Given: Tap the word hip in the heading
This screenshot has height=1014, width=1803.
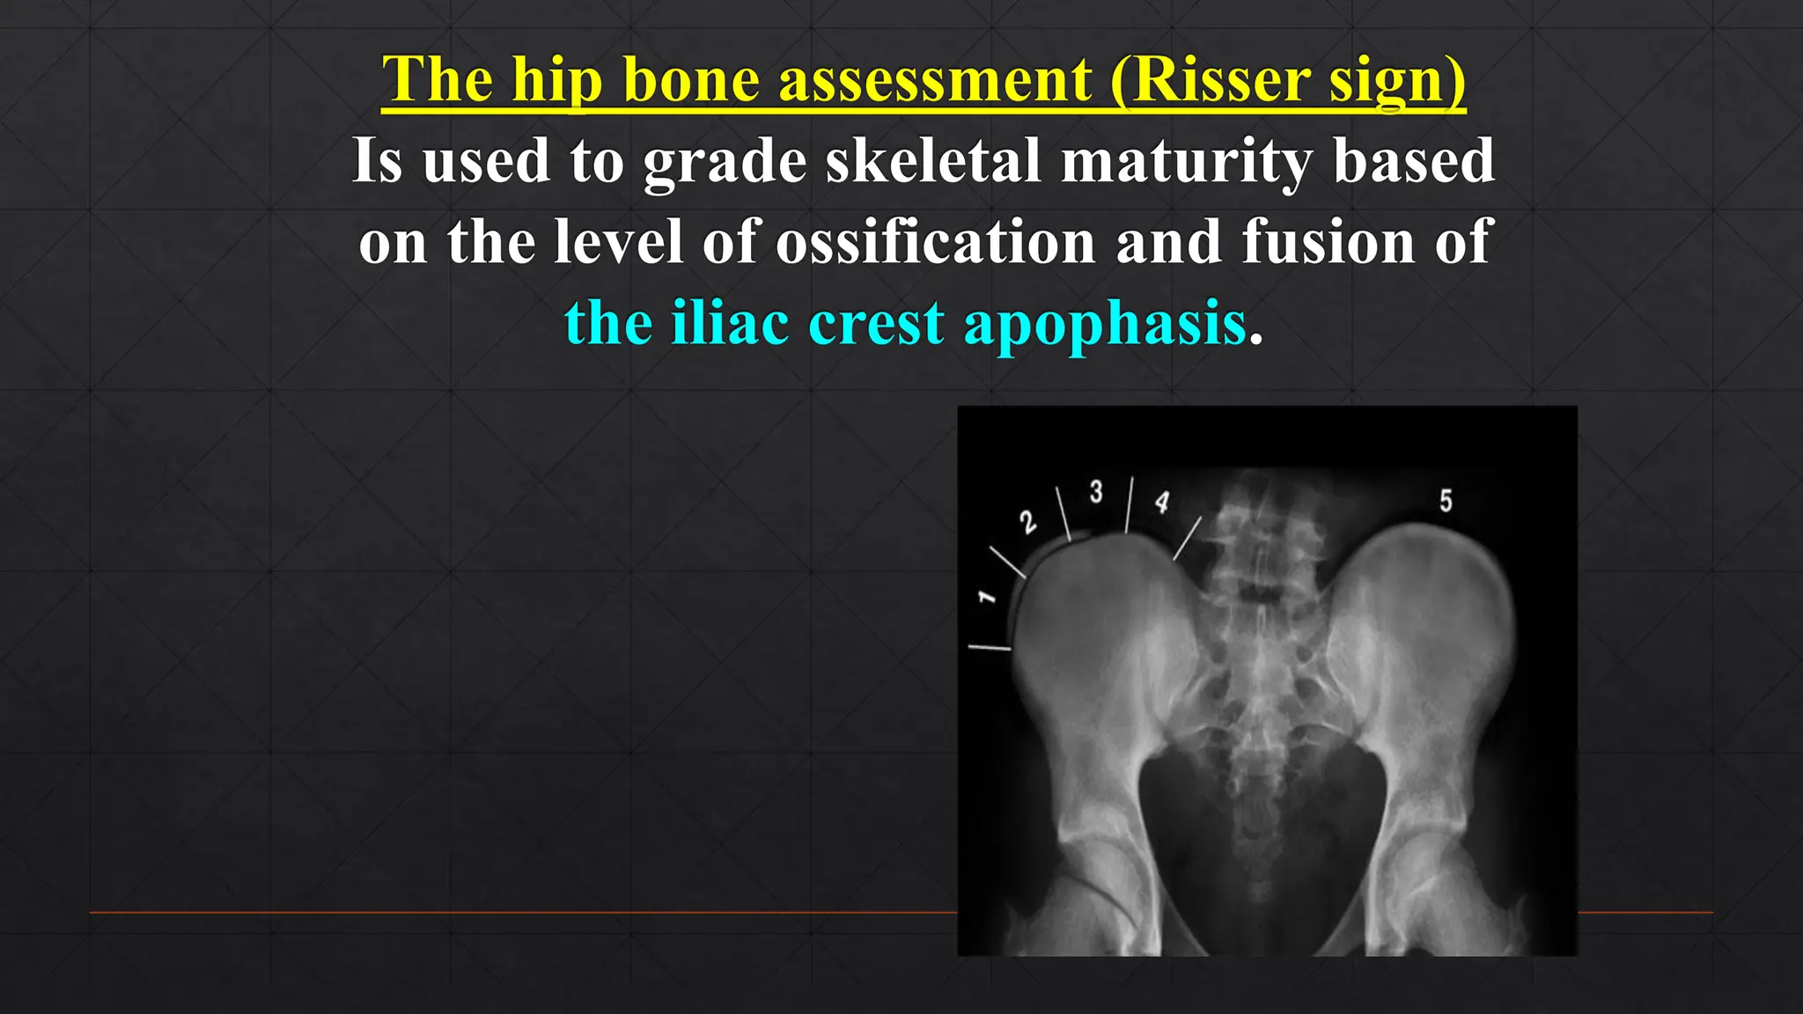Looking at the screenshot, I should (557, 82).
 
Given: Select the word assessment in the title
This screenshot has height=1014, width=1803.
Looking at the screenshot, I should (935, 80).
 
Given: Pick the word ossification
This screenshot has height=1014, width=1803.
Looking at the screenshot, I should (935, 241).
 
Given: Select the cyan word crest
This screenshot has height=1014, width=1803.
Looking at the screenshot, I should (876, 323).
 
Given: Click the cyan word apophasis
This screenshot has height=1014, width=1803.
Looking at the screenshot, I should (1105, 325).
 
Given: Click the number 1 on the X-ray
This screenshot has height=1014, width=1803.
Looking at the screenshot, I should (987, 598).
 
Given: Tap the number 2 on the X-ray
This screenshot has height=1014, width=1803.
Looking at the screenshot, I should (1028, 522).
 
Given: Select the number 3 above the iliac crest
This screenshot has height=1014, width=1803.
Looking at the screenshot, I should (1096, 491).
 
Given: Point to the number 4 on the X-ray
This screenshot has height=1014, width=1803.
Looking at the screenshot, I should (1162, 502).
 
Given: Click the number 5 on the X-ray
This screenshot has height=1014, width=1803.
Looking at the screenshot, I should (1446, 501).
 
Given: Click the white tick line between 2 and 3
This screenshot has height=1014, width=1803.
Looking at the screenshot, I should (1063, 514).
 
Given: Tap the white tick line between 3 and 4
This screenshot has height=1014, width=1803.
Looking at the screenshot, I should (1130, 505).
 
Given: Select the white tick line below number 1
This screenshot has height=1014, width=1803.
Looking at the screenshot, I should (990, 648).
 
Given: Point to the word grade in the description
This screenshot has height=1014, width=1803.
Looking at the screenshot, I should (725, 163).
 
